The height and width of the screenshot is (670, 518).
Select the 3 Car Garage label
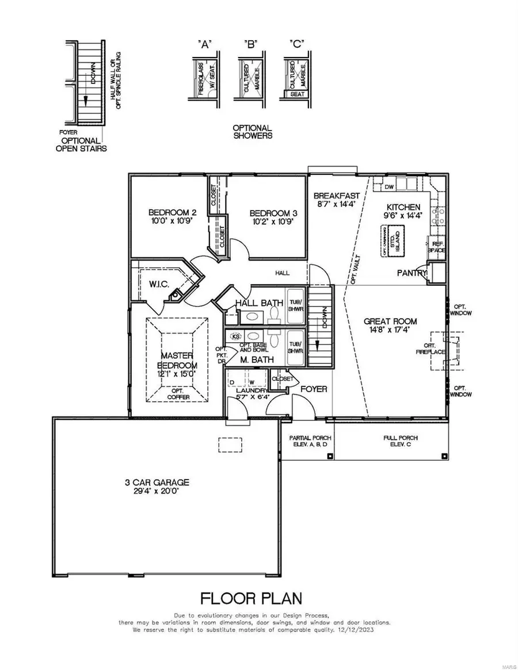click(x=166, y=483)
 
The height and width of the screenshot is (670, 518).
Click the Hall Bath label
click(x=260, y=303)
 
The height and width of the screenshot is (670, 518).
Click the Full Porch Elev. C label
click(x=401, y=441)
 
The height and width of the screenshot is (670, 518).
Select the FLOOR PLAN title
click(x=251, y=598)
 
